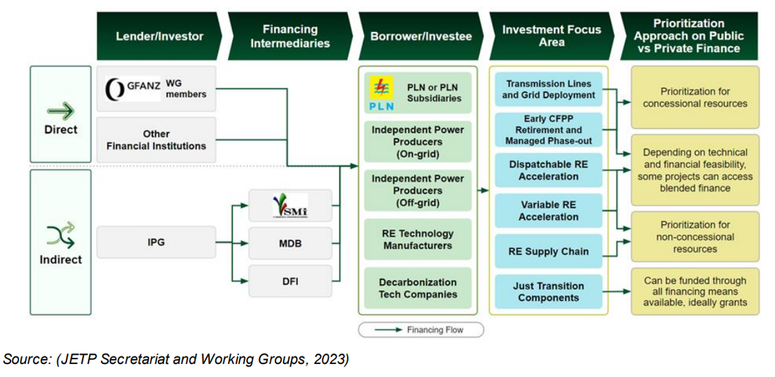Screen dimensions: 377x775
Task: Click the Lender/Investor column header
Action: click(159, 36)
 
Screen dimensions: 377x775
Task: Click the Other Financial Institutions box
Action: click(156, 140)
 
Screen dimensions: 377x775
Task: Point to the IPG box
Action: click(156, 242)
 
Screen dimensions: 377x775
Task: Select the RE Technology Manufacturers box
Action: click(418, 240)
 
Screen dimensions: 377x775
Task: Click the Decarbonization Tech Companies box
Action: click(418, 288)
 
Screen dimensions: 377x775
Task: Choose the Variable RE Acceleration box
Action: click(548, 211)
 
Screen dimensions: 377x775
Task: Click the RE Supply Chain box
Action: click(548, 251)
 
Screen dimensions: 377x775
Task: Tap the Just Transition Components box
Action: click(548, 292)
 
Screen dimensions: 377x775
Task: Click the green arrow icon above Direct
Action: click(61, 111)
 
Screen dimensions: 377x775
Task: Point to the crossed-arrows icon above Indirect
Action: click(60, 235)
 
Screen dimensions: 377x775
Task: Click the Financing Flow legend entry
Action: click(421, 330)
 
